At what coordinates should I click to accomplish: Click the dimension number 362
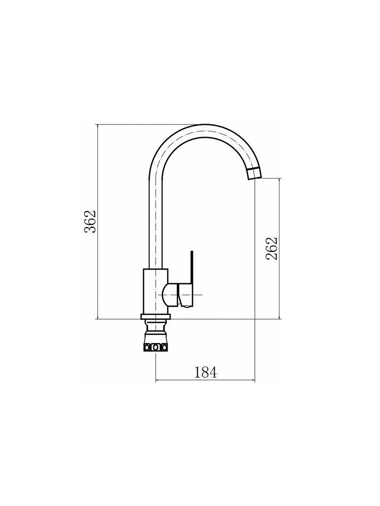click(90, 221)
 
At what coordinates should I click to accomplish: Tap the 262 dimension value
click(271, 248)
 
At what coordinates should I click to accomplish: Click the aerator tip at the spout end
click(254, 174)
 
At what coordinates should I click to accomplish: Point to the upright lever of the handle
click(192, 267)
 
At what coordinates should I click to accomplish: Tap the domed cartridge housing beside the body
click(170, 295)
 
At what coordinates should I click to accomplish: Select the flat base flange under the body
click(155, 317)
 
